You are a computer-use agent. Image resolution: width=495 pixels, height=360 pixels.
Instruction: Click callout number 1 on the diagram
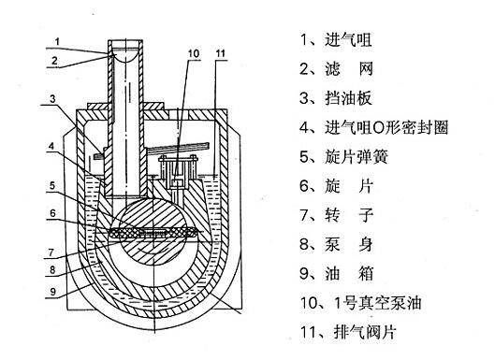point(57,41)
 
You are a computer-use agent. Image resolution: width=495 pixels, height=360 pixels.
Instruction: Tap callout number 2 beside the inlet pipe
point(55,60)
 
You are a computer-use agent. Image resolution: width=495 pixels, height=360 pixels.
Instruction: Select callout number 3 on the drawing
point(52,99)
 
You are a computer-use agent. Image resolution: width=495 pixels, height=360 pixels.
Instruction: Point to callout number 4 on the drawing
point(51,146)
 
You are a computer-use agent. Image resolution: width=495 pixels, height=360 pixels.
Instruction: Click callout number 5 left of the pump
point(52,186)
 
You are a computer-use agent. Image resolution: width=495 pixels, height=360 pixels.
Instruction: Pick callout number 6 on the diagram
point(52,213)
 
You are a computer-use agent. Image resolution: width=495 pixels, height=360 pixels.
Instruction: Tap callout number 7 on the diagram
point(51,252)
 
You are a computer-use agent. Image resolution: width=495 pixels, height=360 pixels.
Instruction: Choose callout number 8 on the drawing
point(52,269)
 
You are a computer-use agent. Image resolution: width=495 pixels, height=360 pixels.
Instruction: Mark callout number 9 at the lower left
point(53,292)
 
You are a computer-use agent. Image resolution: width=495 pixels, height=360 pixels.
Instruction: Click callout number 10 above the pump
point(194,53)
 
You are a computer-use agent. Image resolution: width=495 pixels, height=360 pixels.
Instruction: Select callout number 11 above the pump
point(220,53)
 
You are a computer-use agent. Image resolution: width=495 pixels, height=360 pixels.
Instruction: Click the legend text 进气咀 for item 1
point(348,40)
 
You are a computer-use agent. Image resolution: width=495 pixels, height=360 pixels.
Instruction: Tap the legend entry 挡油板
point(348,98)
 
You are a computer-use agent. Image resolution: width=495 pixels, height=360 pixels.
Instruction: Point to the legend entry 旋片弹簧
point(357,157)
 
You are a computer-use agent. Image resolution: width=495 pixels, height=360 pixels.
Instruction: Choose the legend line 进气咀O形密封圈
point(386,127)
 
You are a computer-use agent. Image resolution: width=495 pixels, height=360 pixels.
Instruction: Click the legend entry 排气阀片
point(365,332)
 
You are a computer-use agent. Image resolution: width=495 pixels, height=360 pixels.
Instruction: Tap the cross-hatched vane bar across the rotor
point(153,233)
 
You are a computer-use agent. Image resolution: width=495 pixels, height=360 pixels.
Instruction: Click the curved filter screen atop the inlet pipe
point(125,58)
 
